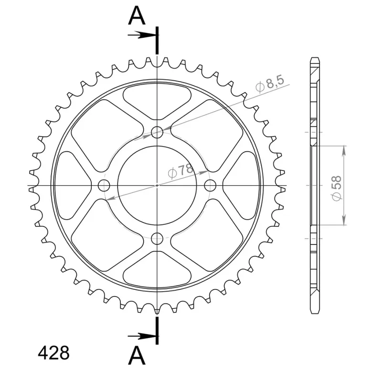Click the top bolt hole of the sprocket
pyautogui.click(x=157, y=132)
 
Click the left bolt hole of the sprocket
pyautogui.click(x=104, y=186)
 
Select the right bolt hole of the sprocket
pyautogui.click(x=210, y=186)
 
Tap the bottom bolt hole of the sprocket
pyautogui.click(x=157, y=238)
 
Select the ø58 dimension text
pyautogui.click(x=337, y=188)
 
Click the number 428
pyautogui.click(x=53, y=353)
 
